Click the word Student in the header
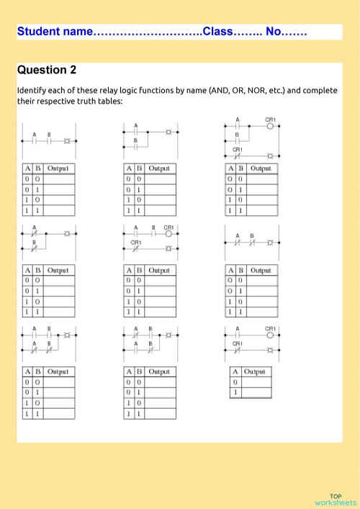click(x=40, y=32)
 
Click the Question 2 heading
click(x=47, y=70)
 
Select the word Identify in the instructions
click(x=32, y=91)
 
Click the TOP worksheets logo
click(x=336, y=500)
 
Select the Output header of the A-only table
click(x=255, y=371)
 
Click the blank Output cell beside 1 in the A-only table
click(x=256, y=392)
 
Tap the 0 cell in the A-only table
click(x=235, y=382)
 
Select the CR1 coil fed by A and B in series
click(x=168, y=233)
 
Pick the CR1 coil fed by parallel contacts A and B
click(x=270, y=125)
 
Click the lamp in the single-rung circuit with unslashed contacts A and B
click(x=68, y=141)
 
